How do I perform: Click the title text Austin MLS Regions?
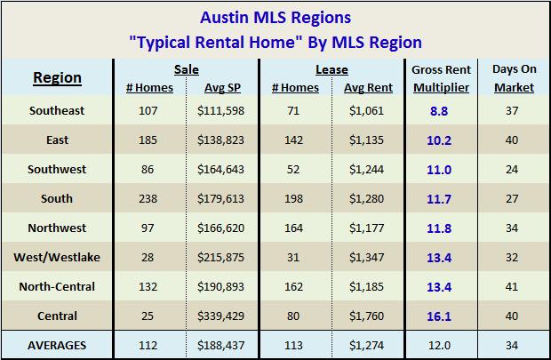(x=275, y=17)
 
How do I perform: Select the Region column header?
(x=57, y=77)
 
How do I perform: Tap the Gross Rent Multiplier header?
(x=441, y=77)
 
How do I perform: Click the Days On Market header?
(x=513, y=77)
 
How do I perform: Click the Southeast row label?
(x=57, y=111)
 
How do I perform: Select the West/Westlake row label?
(x=57, y=258)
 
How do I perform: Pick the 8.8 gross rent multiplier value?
(x=441, y=111)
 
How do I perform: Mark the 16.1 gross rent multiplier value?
(x=441, y=316)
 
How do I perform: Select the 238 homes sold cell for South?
(x=149, y=199)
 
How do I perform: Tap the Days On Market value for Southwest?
(x=513, y=170)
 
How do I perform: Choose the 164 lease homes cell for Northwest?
(x=294, y=228)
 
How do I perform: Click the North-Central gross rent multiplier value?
(x=441, y=287)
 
